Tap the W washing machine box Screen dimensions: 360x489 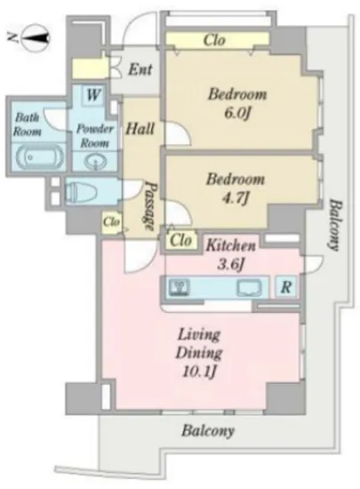92,94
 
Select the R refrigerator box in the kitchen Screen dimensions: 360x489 286,287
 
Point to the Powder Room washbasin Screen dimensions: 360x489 96,162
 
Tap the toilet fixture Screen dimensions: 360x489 81,191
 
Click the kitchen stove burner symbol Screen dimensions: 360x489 179,287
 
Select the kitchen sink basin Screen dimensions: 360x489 250,288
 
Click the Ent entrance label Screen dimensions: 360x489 140,69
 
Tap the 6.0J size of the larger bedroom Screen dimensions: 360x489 237,113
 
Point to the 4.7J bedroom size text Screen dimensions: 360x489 236,197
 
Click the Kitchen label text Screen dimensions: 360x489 231,245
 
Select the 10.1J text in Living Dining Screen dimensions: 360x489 199,372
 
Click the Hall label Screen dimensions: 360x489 140,128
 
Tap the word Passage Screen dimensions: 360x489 151,206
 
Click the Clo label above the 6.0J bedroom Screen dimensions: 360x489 214,40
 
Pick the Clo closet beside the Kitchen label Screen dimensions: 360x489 180,240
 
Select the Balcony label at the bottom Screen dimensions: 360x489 208,431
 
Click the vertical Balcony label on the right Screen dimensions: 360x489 335,225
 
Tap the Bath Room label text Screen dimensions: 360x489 28,124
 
